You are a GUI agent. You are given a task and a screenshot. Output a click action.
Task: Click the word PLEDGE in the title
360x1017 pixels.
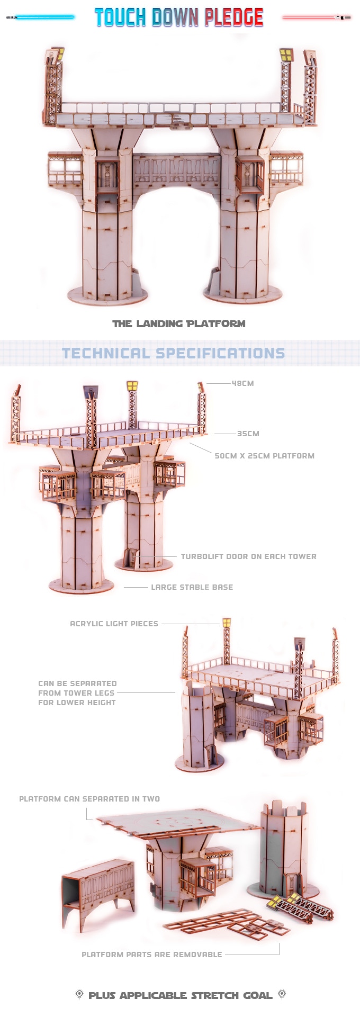click(x=233, y=17)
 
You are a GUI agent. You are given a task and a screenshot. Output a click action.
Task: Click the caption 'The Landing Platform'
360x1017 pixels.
click(x=179, y=323)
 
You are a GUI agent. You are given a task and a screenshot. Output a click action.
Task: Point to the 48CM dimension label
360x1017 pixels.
click(x=242, y=383)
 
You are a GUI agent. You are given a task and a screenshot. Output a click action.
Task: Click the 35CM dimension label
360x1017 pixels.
click(x=248, y=434)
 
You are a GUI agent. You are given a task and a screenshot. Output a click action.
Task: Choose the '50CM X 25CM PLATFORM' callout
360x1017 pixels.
click(x=264, y=456)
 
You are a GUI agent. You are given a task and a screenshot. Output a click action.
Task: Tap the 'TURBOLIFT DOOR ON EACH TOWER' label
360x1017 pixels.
click(x=248, y=556)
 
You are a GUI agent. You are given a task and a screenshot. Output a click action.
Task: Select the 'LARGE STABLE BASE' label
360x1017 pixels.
click(x=192, y=587)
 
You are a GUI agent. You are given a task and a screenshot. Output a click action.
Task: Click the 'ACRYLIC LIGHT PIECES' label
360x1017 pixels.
click(x=114, y=624)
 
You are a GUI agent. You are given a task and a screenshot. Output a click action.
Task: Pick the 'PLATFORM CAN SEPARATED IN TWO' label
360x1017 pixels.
click(x=89, y=799)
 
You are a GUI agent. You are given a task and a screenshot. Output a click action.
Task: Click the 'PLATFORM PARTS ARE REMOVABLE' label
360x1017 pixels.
click(x=151, y=955)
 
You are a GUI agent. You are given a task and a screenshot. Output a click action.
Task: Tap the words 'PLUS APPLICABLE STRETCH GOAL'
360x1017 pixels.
click(x=180, y=995)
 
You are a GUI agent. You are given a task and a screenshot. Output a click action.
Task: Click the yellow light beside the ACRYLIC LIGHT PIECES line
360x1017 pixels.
click(x=227, y=623)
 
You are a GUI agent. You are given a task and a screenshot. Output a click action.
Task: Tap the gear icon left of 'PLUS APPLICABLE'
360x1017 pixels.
click(x=79, y=994)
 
